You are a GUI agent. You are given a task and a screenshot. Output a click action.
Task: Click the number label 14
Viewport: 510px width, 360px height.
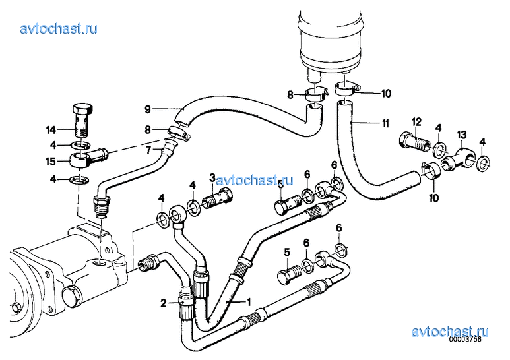(x=51, y=131)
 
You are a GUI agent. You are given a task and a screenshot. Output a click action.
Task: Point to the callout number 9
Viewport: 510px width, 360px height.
(x=148, y=109)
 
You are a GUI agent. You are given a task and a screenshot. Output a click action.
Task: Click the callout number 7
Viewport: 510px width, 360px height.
(x=148, y=150)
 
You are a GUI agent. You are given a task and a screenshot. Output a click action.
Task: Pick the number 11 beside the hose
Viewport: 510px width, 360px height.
(x=385, y=123)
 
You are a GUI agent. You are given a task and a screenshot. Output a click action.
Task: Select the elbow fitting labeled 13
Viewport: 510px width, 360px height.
(x=459, y=158)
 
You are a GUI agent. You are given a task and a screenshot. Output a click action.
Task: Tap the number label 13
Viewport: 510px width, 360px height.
(x=462, y=135)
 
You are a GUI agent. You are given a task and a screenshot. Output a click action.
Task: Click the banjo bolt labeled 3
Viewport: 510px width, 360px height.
(x=217, y=197)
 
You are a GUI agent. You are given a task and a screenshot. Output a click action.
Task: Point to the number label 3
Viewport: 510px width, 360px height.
(x=212, y=177)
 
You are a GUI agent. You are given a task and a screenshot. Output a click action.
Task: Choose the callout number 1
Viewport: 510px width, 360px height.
(x=249, y=303)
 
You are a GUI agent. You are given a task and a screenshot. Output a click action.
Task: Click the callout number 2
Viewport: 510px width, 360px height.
(x=163, y=303)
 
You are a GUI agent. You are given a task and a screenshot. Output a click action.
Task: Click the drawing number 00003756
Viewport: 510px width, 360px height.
(x=465, y=339)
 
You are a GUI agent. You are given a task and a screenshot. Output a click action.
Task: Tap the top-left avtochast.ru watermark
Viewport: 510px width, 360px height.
(x=59, y=28)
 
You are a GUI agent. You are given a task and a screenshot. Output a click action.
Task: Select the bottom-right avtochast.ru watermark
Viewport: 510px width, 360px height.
(x=450, y=332)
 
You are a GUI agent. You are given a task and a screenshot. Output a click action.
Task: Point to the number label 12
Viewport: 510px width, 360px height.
(x=417, y=122)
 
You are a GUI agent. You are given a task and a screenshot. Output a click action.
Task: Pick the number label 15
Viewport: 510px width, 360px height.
(x=51, y=162)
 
